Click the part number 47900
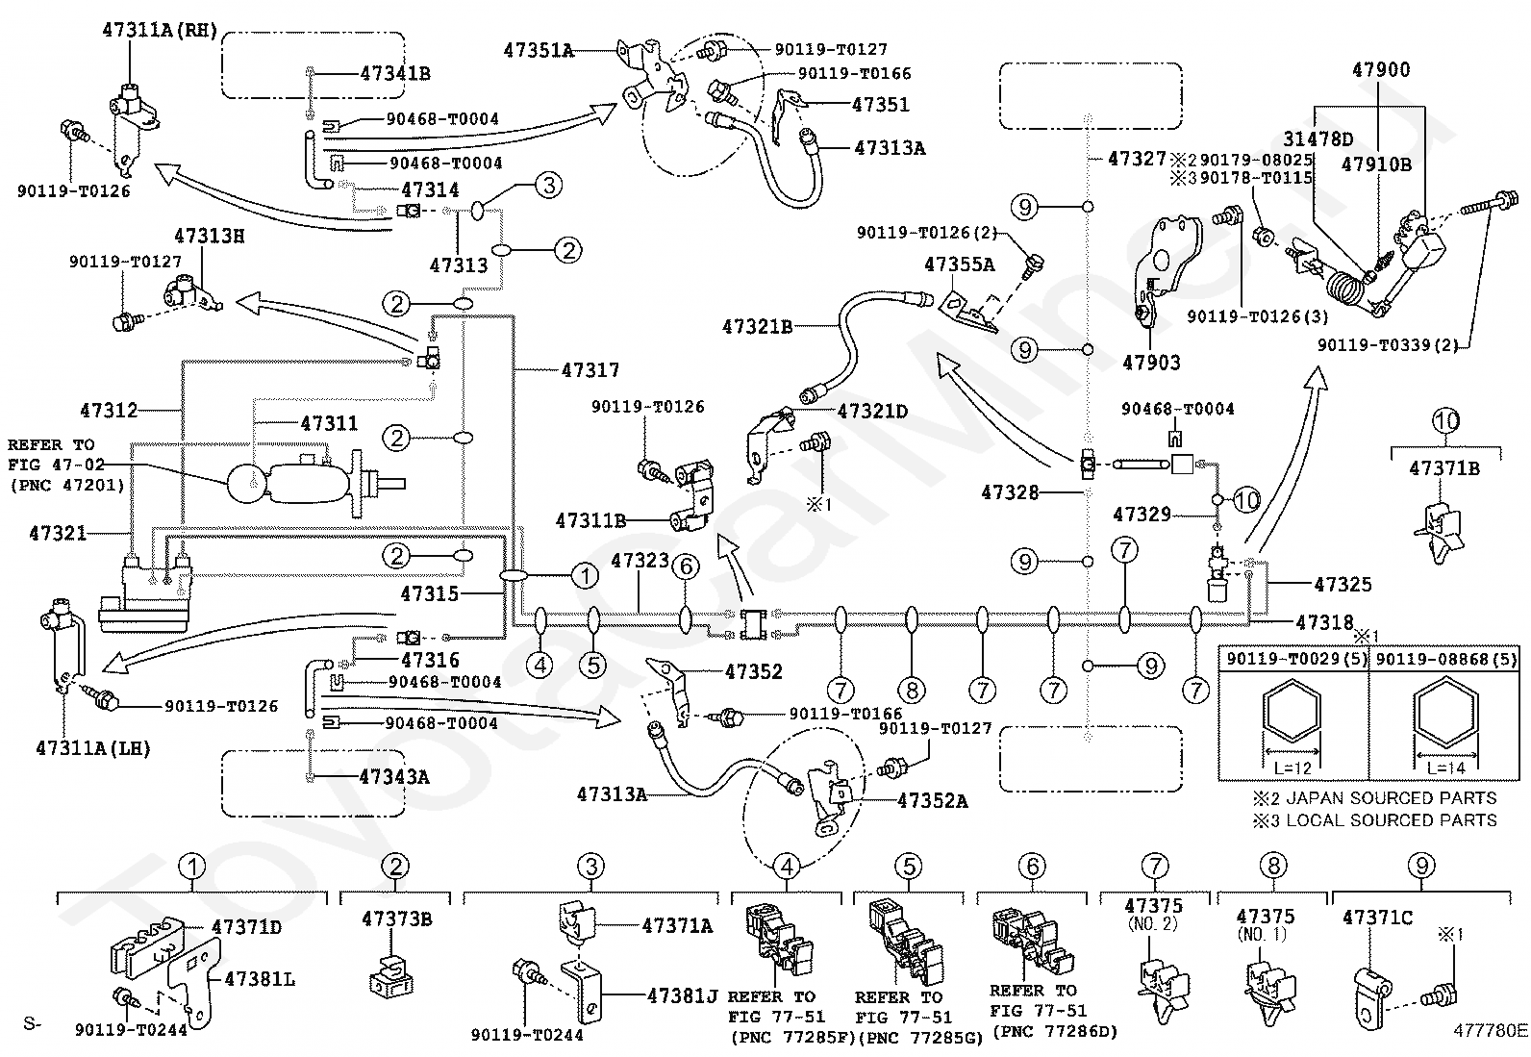pyautogui.click(x=1381, y=70)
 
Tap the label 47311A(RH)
pyautogui.click(x=160, y=30)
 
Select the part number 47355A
pyautogui.click(x=960, y=264)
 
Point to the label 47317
pyautogui.click(x=590, y=370)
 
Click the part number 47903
pyautogui.click(x=1152, y=363)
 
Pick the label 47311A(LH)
pyautogui.click(x=93, y=748)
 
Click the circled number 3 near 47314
pyautogui.click(x=549, y=186)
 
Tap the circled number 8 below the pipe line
pyautogui.click(x=912, y=691)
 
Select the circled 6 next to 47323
pyautogui.click(x=687, y=566)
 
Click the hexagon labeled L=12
pyautogui.click(x=1292, y=711)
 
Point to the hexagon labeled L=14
pyautogui.click(x=1445, y=711)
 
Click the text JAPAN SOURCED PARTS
pyautogui.click(x=1392, y=798)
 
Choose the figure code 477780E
pyautogui.click(x=1491, y=1030)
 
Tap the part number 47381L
pyautogui.click(x=260, y=979)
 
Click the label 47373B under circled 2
pyautogui.click(x=397, y=919)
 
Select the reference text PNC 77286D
pyautogui.click(x=1055, y=1031)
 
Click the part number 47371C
pyautogui.click(x=1377, y=918)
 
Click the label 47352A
pyautogui.click(x=932, y=800)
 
